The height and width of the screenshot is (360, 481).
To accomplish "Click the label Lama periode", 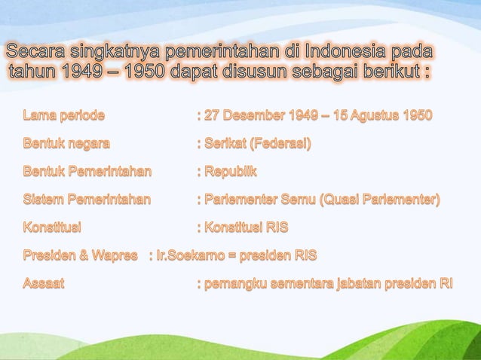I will (x=64, y=116).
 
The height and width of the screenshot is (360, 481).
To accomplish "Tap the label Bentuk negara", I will (x=66, y=144).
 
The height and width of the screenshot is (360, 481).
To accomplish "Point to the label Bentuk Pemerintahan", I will (x=87, y=172).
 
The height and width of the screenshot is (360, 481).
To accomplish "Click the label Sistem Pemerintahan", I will (x=87, y=200).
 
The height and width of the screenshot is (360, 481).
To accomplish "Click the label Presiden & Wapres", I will (x=80, y=255).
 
